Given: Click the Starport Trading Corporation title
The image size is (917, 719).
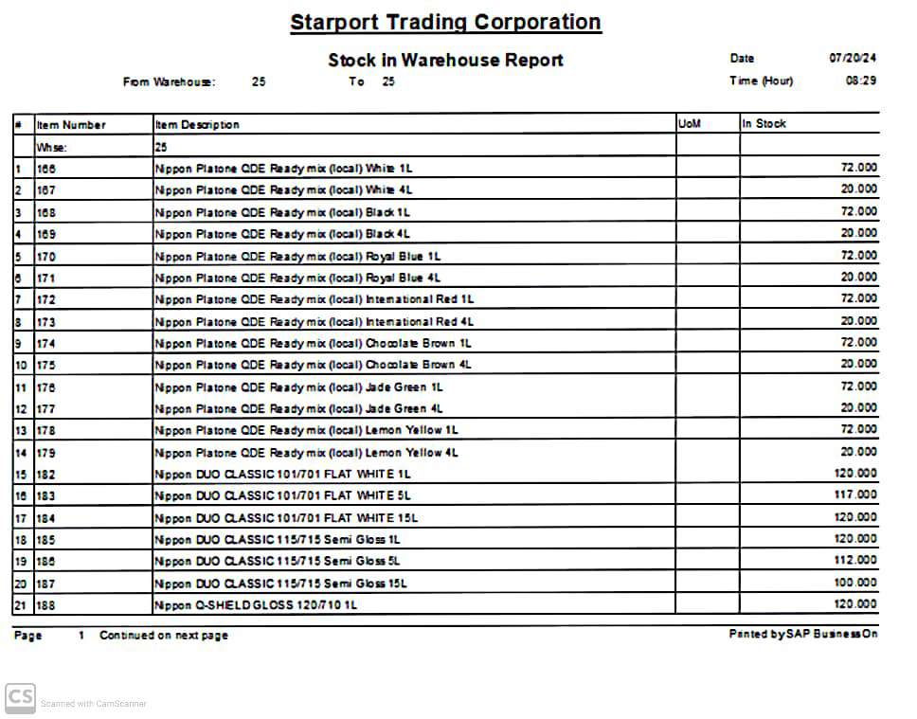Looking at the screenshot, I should (445, 22).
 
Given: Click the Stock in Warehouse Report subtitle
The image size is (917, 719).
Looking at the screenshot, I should (445, 60).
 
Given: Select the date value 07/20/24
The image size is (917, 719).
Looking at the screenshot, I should (854, 58).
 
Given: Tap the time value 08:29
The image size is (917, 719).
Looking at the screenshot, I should (860, 81).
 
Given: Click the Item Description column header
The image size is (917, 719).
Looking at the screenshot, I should (197, 124).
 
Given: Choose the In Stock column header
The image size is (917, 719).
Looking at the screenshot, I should (764, 123).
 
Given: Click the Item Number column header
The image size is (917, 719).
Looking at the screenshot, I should (71, 124).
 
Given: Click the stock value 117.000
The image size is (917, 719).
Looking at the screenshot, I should (854, 494).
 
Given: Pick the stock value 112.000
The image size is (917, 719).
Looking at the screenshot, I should (854, 559).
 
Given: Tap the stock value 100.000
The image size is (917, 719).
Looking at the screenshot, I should (854, 582).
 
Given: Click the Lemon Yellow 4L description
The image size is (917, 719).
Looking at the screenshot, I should (306, 453).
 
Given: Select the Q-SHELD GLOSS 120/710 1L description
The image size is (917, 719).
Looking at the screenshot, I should (256, 604).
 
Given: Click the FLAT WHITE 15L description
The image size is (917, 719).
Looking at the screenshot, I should (285, 518).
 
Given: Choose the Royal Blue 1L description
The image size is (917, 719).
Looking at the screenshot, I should (297, 256).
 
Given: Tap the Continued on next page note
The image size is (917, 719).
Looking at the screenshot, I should (164, 635).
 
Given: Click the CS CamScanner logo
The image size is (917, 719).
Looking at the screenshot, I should (21, 698).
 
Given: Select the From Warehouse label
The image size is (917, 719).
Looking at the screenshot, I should (169, 82).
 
